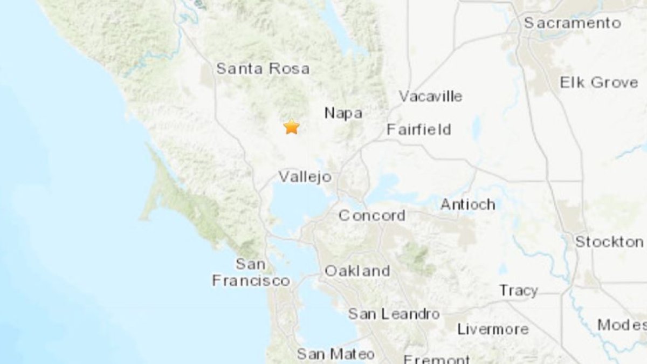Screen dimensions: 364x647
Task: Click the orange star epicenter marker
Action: coord(291,127)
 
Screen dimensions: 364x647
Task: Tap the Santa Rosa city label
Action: coord(263,69)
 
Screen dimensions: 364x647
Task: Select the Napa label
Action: coord(343,113)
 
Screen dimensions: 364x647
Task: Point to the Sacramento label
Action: coord(573,23)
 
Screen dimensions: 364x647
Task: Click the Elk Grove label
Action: coord(598,83)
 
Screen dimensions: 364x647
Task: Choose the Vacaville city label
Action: coord(430,97)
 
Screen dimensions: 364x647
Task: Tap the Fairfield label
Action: coord(419,129)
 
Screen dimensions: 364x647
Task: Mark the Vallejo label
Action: coord(305,176)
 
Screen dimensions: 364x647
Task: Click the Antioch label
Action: coord(467,204)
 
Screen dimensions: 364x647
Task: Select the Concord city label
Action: coord(371,215)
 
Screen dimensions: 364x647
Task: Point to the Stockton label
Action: coord(609,242)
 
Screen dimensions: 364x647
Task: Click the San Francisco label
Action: coord(251,273)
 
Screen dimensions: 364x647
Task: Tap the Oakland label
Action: coord(357,271)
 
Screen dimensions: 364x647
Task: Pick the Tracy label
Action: coord(518,291)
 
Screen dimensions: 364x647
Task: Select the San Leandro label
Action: coord(394,313)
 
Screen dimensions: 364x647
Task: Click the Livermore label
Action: coord(493,329)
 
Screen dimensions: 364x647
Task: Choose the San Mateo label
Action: coord(335,354)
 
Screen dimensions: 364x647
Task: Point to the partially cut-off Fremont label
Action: coord(437,359)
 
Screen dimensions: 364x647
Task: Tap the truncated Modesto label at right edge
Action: coord(622,325)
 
